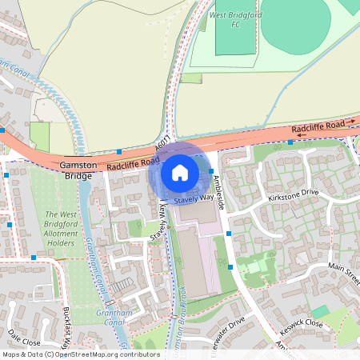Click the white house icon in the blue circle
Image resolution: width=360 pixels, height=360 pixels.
pyautogui.click(x=180, y=172)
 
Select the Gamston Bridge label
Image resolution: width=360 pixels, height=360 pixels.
pyautogui.click(x=79, y=170)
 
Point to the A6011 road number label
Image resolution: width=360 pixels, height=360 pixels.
pyautogui.click(x=163, y=148)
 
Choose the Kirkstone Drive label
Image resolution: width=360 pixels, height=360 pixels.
pyautogui.click(x=294, y=194)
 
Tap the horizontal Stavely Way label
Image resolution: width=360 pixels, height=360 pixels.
pyautogui.click(x=194, y=197)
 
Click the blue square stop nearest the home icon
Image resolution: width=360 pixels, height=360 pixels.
pyautogui.click(x=211, y=171)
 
